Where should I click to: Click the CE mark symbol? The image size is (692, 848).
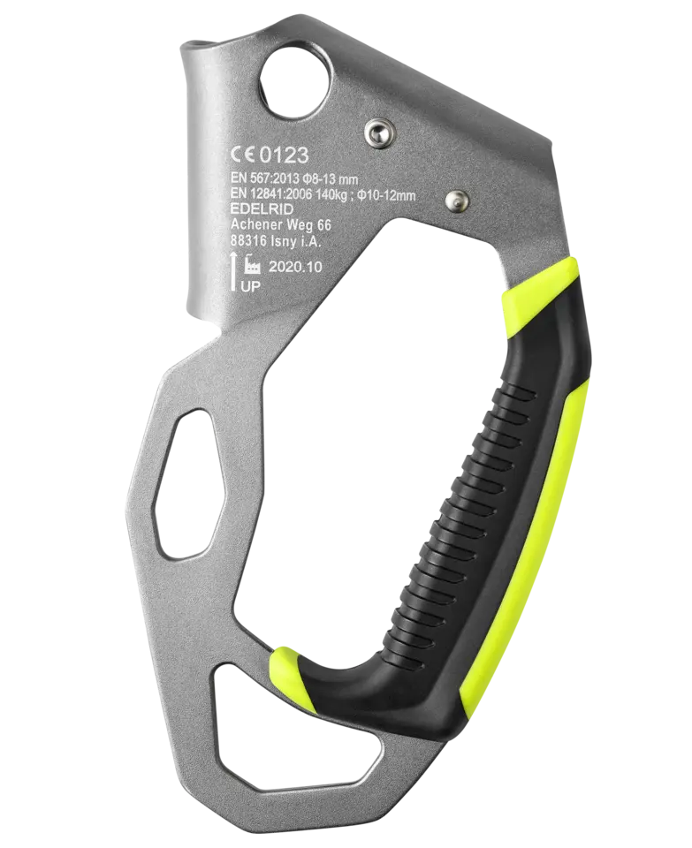242,155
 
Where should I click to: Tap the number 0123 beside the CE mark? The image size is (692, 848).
283,155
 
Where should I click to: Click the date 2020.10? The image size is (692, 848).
295,267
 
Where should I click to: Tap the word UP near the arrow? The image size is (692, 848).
250,286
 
